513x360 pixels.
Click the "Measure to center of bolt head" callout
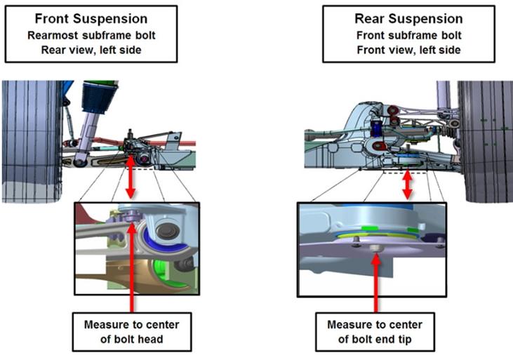tap(131, 332)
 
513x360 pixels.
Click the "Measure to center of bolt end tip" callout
tap(376, 332)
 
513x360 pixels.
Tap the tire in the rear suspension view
tap(484, 140)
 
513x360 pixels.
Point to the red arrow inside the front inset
tap(133, 267)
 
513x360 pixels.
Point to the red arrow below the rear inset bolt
tap(377, 281)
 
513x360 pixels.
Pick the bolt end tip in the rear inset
tap(376, 248)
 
